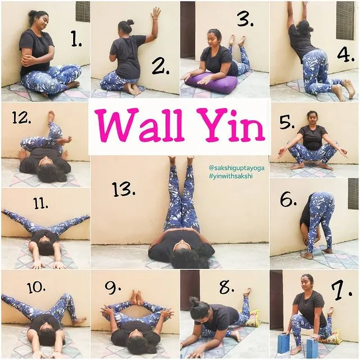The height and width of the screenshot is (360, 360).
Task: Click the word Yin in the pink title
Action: click(233, 126)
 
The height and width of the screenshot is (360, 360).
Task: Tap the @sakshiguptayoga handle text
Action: click(236, 168)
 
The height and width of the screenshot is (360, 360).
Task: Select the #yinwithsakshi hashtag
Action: click(231, 176)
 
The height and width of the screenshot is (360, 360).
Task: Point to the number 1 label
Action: click(76, 39)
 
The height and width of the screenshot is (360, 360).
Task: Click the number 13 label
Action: click(124, 189)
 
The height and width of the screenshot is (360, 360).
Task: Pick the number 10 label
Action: click(36, 287)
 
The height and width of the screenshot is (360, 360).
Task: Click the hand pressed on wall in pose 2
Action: click(155, 13)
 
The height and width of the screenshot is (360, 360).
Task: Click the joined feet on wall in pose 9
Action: click(137, 297)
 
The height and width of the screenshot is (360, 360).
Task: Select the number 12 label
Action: click(21, 118)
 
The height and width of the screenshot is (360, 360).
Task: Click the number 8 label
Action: click(227, 287)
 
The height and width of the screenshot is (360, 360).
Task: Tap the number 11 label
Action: click(40, 204)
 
